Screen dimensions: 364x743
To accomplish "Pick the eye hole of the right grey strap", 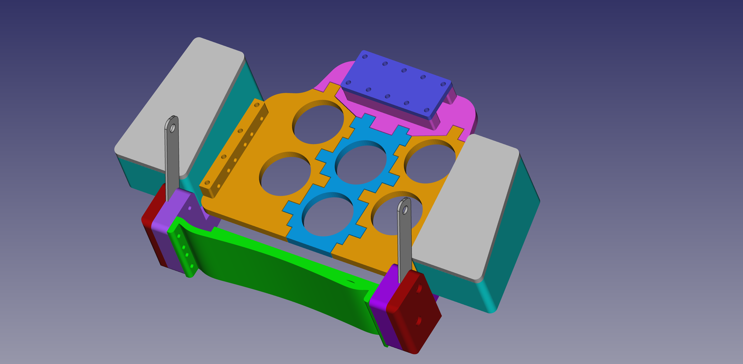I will tap(405, 210).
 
